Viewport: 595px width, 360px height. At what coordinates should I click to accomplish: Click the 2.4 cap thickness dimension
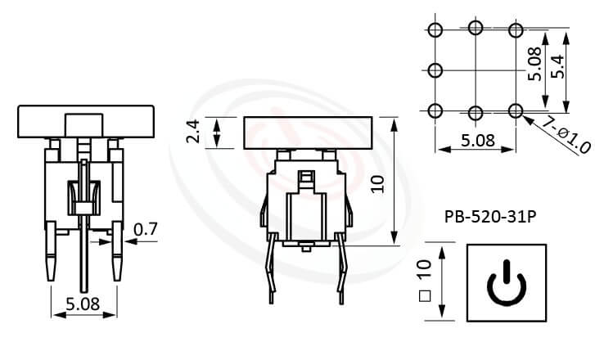coord(194,131)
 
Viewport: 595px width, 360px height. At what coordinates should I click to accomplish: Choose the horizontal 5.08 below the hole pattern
coord(476,140)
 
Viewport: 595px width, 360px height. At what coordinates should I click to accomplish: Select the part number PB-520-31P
coord(489,218)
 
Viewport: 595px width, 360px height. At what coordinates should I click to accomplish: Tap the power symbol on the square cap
coord(508,283)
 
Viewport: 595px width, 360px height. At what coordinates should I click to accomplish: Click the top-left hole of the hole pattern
coord(435,30)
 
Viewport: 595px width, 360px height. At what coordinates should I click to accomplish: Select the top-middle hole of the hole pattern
coord(476,30)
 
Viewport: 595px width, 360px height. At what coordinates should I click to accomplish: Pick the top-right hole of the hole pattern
coord(515,30)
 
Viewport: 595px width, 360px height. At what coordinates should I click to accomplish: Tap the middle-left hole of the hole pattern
coord(435,70)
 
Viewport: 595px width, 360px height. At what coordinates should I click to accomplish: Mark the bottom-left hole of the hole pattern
coord(435,110)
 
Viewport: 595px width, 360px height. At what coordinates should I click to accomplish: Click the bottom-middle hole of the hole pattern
coord(476,110)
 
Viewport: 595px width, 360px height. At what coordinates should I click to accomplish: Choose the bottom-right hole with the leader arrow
coord(515,110)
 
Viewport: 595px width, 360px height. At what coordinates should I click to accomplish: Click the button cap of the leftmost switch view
coord(86,121)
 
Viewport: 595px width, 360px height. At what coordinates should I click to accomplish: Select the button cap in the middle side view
coord(309,131)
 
